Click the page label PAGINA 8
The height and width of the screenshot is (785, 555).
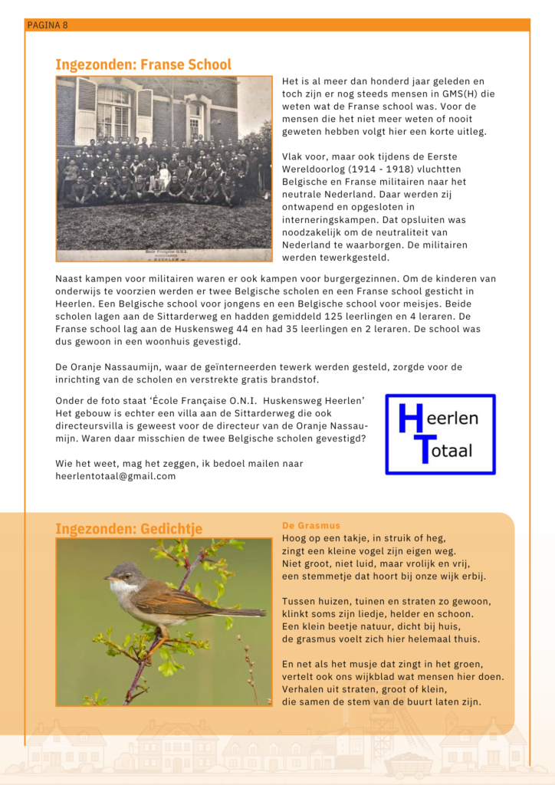pyautogui.click(x=48, y=25)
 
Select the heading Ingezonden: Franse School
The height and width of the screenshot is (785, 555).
pyautogui.click(x=143, y=64)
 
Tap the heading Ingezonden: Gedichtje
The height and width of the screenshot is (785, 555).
pyautogui.click(x=129, y=529)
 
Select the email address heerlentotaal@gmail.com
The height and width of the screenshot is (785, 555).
pyautogui.click(x=116, y=476)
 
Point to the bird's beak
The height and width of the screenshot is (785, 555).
pyautogui.click(x=107, y=579)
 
